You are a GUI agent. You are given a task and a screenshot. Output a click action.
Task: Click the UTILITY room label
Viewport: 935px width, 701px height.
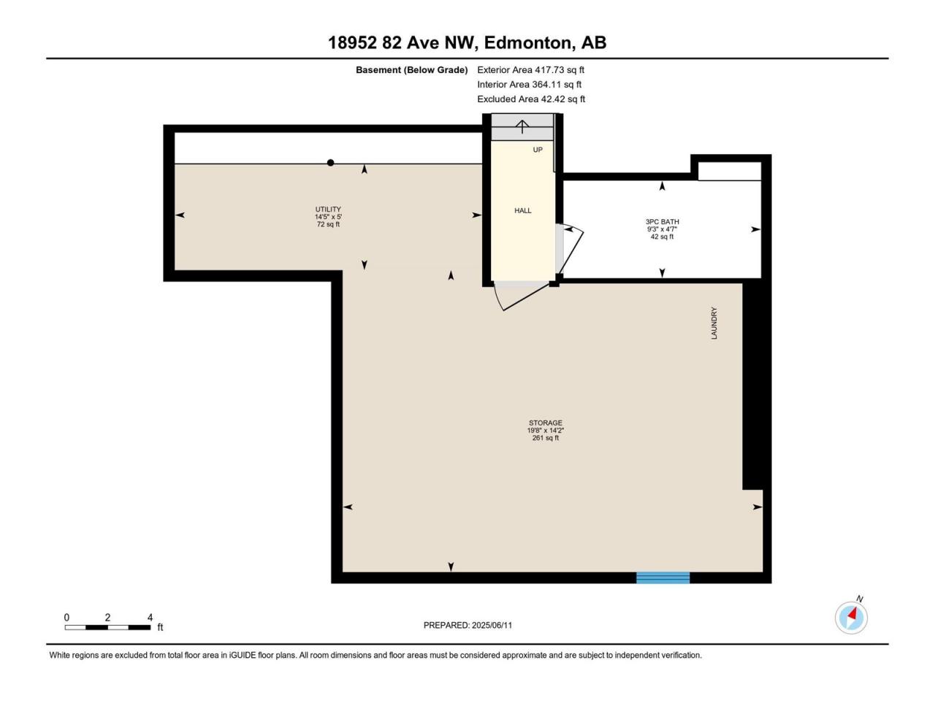point(328,209)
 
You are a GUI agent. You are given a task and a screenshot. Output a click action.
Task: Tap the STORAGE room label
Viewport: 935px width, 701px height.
point(545,423)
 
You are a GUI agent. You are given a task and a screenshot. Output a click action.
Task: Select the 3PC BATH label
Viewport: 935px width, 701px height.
point(662,222)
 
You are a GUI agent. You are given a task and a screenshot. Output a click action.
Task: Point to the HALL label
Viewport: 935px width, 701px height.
point(523,211)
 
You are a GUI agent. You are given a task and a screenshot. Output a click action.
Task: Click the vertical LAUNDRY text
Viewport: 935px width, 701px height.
point(714,323)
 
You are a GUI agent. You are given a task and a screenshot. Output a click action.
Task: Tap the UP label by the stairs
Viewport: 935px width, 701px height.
point(538,150)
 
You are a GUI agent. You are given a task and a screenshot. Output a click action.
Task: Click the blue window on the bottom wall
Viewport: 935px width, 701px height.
point(663,578)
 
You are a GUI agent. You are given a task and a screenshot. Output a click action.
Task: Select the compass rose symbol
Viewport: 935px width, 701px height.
point(851,618)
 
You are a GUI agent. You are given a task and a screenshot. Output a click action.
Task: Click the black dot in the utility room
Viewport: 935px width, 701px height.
point(330,163)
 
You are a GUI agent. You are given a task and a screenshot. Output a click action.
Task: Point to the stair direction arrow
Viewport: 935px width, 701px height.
point(522,127)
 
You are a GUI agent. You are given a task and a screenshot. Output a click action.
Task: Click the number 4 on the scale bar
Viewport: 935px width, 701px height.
point(150,617)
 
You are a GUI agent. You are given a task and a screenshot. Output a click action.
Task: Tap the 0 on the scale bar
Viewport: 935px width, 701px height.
point(66,617)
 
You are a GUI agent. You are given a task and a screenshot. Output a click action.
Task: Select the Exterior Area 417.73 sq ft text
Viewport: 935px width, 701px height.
point(531,70)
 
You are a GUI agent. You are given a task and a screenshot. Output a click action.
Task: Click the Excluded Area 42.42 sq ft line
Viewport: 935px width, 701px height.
point(531,99)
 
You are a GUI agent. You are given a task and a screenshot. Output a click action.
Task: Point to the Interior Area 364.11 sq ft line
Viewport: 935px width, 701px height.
point(530,84)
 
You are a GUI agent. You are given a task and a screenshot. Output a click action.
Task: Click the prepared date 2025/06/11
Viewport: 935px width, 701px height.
point(492,625)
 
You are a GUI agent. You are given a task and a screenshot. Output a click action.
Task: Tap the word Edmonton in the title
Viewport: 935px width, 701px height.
point(528,42)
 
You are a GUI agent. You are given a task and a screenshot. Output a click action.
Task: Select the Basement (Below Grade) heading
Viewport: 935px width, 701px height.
point(411,70)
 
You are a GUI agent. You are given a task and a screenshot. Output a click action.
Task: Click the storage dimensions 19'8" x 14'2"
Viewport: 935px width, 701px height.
point(545,430)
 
